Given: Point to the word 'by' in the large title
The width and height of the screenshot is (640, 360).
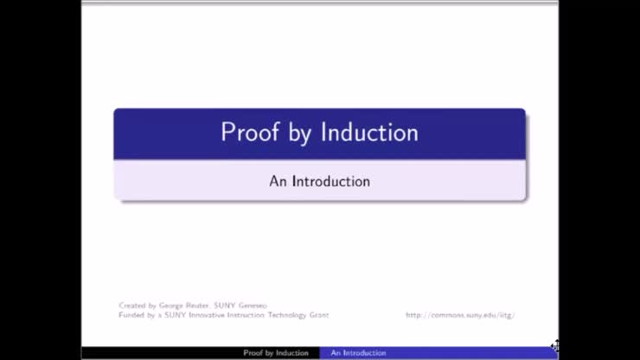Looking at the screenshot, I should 296,132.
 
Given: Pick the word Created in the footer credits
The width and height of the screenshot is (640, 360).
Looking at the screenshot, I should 131,305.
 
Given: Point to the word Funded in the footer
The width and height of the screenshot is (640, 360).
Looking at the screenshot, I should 131,315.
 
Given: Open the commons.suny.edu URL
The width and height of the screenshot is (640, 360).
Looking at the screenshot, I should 460,315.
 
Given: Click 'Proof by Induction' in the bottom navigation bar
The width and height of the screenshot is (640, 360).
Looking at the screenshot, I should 275,353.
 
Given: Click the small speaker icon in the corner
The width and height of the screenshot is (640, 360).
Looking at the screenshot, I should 554,346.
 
